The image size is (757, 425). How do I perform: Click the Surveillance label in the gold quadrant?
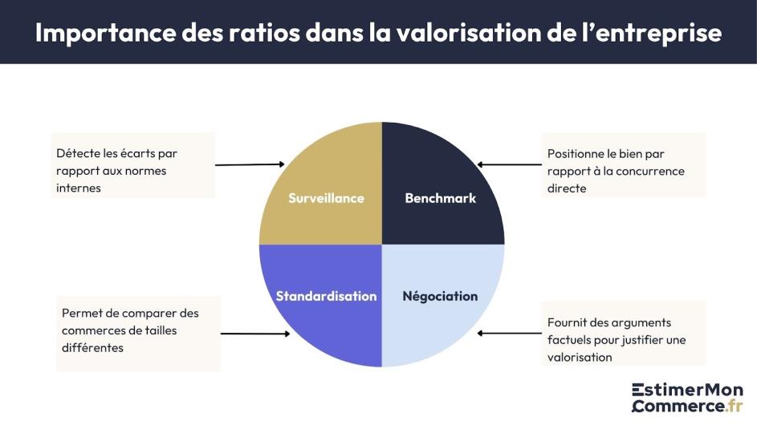pos(326,198)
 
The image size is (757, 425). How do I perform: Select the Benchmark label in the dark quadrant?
pos(440,198)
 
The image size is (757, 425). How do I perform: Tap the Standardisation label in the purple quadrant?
pos(326,296)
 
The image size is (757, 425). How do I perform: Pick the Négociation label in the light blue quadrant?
pos(440,296)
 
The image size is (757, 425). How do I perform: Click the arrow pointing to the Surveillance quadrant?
pos(250,164)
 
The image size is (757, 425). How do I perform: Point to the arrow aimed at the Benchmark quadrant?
pos(512,164)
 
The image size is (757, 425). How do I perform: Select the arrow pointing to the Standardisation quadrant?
pos(254,334)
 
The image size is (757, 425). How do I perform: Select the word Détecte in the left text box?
pos(79,153)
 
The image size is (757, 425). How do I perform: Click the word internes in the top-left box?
pos(79,188)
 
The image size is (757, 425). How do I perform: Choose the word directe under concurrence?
pos(567,188)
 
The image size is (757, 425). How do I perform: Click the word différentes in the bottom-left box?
pos(92,348)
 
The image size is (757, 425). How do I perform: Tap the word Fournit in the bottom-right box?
pos(569,322)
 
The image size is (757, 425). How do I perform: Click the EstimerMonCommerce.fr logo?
pos(686,397)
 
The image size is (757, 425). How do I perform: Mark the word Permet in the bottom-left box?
pos(82,313)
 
